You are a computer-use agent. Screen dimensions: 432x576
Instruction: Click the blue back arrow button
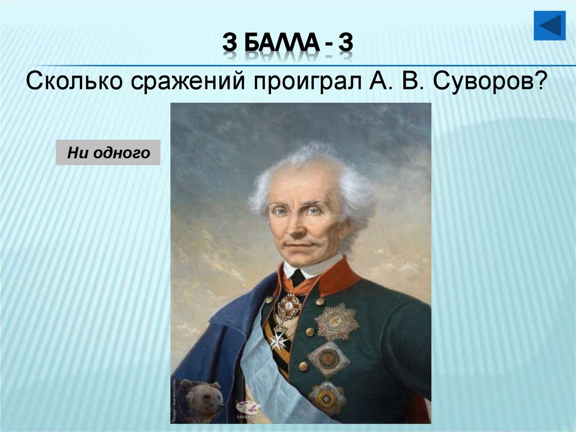tap(549, 25)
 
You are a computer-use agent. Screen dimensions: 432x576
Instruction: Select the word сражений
tap(189, 82)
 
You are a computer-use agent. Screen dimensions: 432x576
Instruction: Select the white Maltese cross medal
tap(278, 340)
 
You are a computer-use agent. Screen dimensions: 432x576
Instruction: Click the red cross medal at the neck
tap(290, 306)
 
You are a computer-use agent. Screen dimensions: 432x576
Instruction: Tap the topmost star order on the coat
tap(336, 322)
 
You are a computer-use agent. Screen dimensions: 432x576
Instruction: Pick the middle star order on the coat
tap(328, 359)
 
